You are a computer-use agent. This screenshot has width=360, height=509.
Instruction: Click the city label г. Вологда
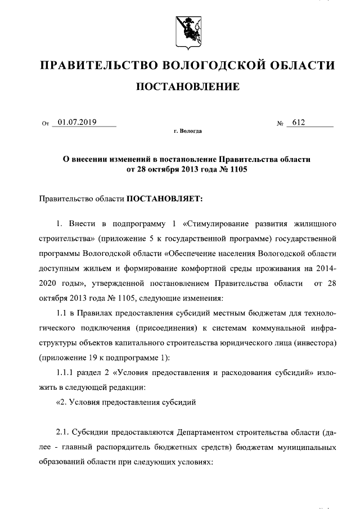point(187,130)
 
